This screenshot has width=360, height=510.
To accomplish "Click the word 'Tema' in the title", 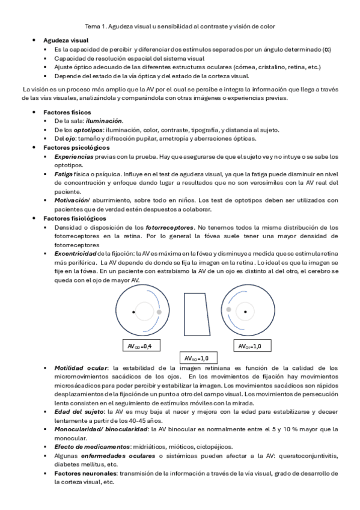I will tap(93, 27).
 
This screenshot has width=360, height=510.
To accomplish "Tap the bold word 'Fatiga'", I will tap(64, 174).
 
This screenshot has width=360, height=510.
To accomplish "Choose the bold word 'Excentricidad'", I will tap(75, 254).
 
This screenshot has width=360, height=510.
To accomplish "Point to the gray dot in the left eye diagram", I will tap(159, 312).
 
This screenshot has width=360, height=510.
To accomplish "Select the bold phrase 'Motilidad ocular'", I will tap(81, 367).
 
